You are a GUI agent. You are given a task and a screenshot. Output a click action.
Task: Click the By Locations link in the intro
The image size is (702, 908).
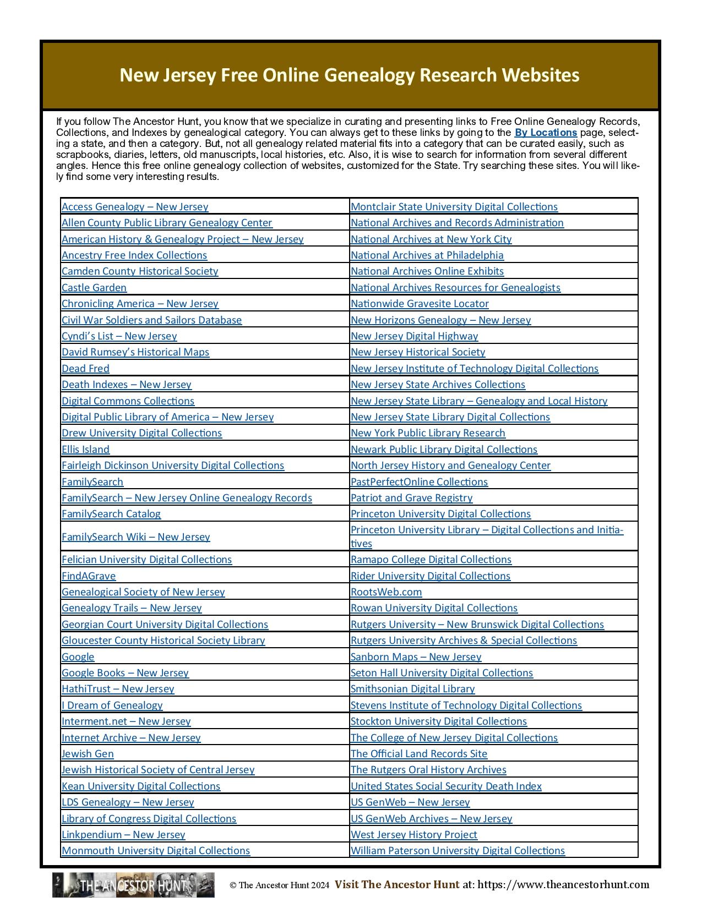pos(546,133)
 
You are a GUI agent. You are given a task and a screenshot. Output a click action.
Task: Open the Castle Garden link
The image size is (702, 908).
pos(94,288)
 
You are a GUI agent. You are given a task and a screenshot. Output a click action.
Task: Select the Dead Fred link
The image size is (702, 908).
pos(85,369)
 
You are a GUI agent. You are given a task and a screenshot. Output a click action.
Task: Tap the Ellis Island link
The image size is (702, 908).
pos(85,450)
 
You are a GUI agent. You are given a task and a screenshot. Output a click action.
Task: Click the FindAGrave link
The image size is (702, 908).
pos(89,576)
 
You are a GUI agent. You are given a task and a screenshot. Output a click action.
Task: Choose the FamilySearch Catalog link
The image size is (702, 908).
pos(111,514)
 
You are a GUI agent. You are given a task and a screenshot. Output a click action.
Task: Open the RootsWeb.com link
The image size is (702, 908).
pos(386,592)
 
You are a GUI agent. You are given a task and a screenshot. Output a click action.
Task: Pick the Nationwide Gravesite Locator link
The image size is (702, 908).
pos(420,304)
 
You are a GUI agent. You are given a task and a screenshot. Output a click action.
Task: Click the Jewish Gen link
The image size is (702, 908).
pos(88,754)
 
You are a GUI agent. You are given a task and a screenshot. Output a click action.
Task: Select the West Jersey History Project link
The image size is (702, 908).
pos(414,835)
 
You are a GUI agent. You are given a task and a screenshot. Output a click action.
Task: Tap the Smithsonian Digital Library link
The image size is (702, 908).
pos(412,689)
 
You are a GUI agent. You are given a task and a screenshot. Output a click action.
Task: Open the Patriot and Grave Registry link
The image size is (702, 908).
pos(411,498)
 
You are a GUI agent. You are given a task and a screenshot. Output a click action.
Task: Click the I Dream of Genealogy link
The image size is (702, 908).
pos(112,705)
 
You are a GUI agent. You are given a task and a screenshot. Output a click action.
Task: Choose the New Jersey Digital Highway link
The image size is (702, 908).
pos(414,336)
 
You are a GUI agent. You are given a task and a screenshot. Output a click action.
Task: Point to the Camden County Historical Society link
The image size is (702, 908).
pos(140,271)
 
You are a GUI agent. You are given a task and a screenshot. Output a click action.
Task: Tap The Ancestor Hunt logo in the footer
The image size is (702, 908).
pos(133,885)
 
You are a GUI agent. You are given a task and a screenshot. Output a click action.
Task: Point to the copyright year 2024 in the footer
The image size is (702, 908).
pos(319,885)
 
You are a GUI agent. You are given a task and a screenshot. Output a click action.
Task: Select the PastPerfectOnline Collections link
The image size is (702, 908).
pos(419,482)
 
